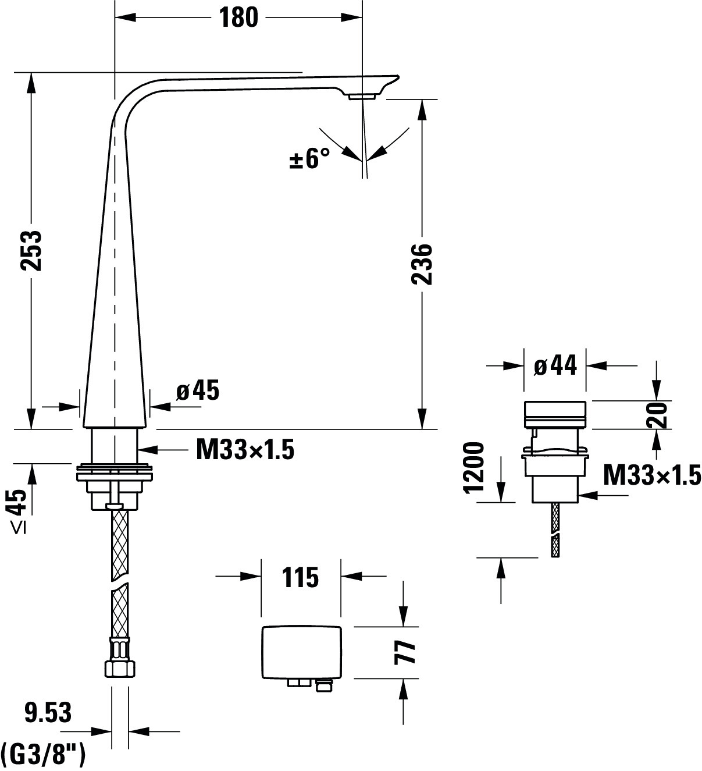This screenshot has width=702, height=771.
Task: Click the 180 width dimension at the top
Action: click(x=238, y=17)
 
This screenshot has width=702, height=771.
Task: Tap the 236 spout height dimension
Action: click(x=422, y=264)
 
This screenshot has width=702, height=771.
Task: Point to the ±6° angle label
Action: click(x=309, y=159)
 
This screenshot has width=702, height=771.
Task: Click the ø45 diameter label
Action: click(x=198, y=390)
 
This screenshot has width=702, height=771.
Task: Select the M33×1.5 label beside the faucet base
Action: click(x=245, y=450)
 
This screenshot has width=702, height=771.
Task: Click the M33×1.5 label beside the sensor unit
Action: click(x=652, y=475)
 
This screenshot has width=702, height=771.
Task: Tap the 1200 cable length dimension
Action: click(x=473, y=468)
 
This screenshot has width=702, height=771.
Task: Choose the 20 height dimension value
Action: click(x=657, y=415)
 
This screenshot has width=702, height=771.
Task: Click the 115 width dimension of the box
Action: click(x=301, y=577)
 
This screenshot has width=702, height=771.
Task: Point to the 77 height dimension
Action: click(x=405, y=652)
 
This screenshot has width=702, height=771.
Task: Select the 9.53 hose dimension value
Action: click(x=48, y=713)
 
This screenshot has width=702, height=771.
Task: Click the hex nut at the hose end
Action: click(x=120, y=669)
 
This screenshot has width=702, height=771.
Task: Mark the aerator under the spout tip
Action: click(x=362, y=97)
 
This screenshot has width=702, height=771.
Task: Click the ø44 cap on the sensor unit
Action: click(x=555, y=414)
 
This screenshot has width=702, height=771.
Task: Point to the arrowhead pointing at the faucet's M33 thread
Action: click(x=147, y=449)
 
